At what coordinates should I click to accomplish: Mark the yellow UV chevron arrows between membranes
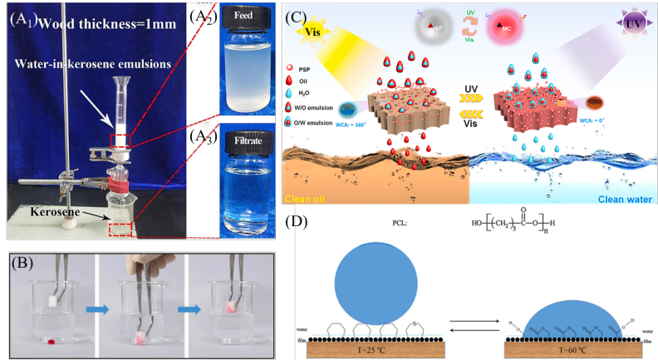pos(470,96)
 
